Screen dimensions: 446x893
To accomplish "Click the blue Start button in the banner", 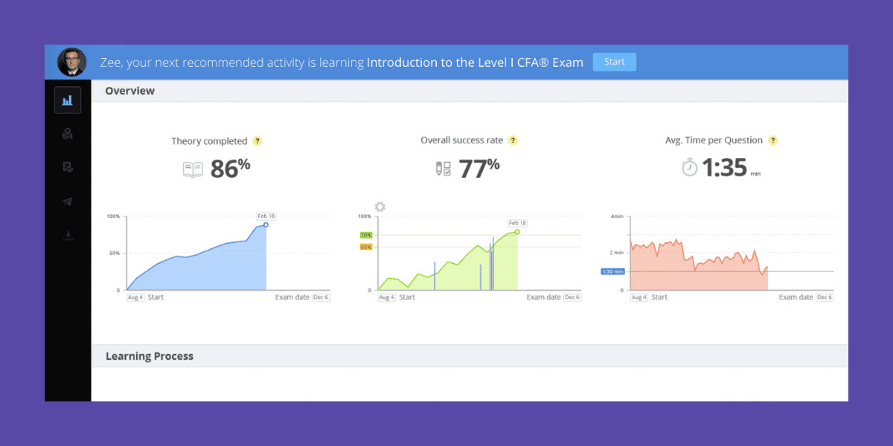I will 614,62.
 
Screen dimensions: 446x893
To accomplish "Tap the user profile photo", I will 71,62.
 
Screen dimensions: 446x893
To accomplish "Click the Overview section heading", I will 130,91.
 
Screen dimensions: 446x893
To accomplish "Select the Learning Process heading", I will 150,356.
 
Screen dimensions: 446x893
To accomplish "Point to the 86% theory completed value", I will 230,168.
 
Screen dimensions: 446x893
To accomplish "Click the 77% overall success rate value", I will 478,168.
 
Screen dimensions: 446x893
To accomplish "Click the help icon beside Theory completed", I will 257,141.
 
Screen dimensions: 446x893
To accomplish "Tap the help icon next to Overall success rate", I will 513,140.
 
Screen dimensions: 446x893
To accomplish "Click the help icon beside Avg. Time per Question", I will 773,140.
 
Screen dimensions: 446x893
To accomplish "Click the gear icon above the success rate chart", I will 380,207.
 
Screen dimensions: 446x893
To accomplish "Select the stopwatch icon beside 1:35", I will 690,169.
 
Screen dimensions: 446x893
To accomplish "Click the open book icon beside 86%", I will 193,169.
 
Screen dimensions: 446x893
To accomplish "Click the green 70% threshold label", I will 365,235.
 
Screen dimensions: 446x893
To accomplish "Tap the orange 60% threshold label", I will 365,247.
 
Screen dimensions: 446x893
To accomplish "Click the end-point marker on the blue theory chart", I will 266,224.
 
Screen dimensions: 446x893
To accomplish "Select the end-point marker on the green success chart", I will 517,232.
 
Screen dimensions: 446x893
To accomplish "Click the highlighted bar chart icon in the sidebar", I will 68,100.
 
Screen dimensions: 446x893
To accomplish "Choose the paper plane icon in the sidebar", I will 68,201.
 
